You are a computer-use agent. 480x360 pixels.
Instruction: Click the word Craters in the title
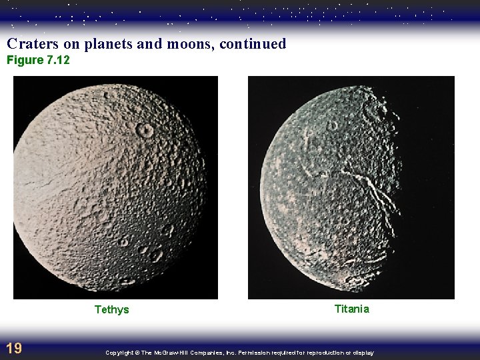click(29, 44)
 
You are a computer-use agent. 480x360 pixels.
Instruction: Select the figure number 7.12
click(56, 61)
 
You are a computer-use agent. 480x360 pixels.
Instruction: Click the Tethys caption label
click(111, 309)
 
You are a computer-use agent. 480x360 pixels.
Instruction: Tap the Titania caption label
click(351, 309)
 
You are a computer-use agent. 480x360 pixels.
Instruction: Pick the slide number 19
click(13, 347)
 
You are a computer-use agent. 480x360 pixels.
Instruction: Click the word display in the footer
click(364, 353)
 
